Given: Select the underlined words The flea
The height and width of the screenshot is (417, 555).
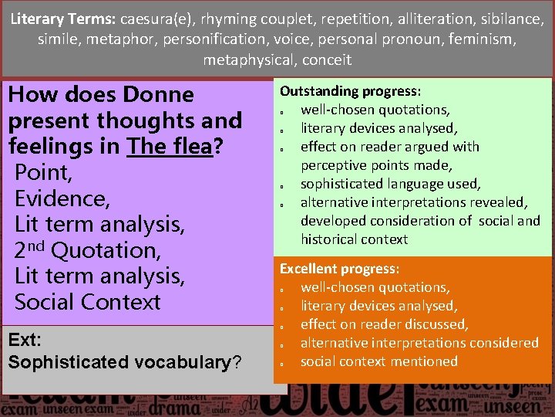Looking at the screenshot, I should click(x=170, y=147).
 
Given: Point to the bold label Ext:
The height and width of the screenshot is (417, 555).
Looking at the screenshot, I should click(x=24, y=340).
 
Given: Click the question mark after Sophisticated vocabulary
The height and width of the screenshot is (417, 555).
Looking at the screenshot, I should click(x=237, y=361).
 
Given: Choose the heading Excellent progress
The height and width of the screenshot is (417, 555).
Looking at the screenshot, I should click(x=339, y=269).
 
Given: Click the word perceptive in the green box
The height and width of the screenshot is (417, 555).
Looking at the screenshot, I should click(x=338, y=165).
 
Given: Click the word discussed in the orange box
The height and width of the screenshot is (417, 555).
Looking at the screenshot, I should click(x=436, y=324).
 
